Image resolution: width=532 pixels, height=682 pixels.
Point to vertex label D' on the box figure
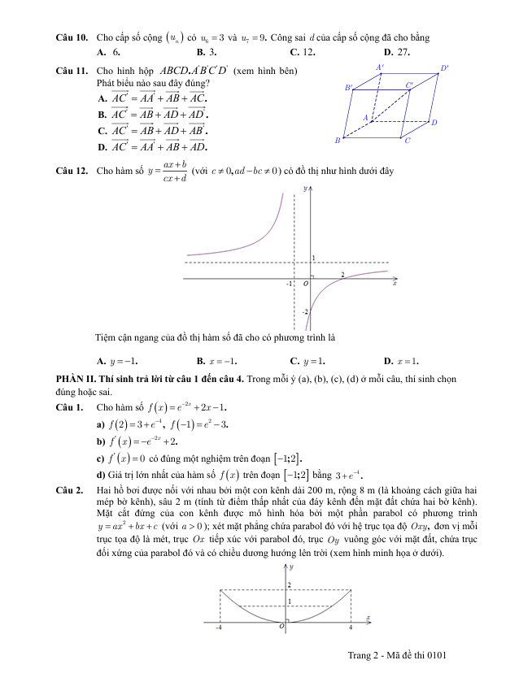point(444,67)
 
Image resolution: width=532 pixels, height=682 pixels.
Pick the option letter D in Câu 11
point(102,147)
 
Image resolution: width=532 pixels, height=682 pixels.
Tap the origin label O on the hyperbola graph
point(306,285)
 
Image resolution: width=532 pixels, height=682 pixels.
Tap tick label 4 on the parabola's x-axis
point(351,628)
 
